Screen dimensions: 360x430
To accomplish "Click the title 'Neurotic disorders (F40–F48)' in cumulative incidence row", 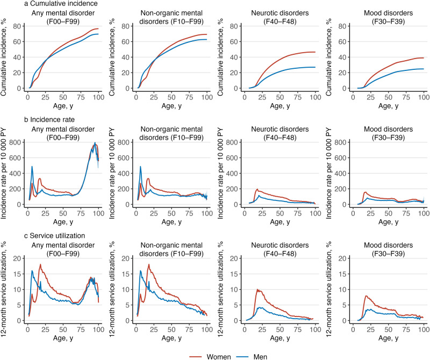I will pos(273,16).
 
